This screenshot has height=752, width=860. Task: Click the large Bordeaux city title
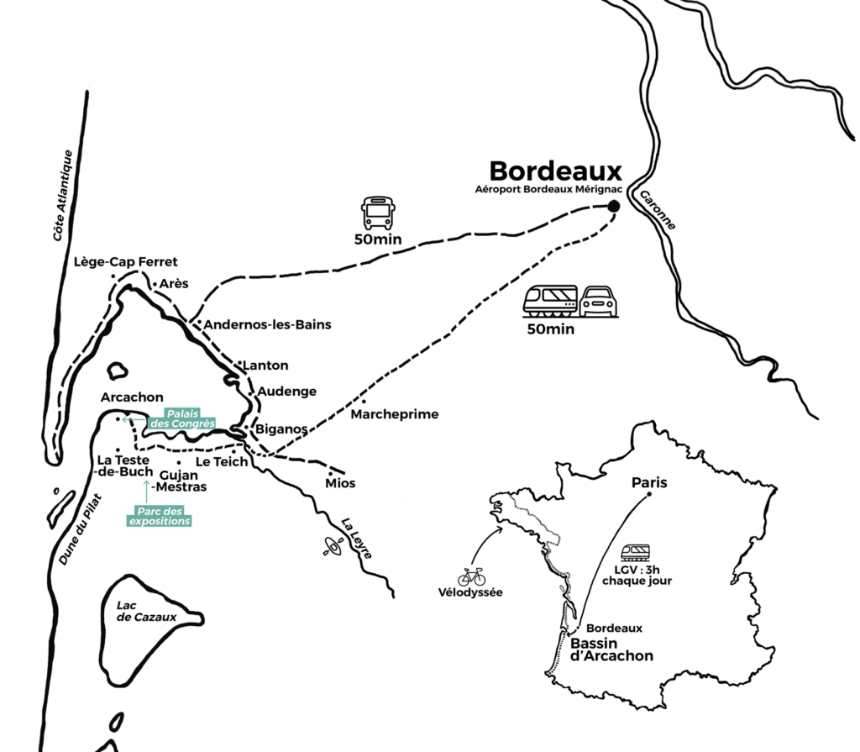(555, 171)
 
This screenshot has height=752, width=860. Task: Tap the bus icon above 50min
(377, 213)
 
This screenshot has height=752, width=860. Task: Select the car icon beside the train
(598, 302)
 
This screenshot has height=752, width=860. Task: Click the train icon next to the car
(551, 301)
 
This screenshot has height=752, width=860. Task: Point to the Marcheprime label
(395, 414)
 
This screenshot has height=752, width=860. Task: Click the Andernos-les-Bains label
(268, 324)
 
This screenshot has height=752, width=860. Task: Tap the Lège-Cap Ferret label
(126, 261)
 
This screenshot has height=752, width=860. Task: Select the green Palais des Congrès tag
(182, 418)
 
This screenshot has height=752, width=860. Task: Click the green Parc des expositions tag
(160, 516)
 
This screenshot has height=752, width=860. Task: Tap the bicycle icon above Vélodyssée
(471, 576)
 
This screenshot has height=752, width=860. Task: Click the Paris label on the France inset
(649, 483)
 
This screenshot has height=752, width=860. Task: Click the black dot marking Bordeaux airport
(614, 206)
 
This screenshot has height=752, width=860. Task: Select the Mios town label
(341, 483)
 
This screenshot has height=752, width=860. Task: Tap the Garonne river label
(658, 210)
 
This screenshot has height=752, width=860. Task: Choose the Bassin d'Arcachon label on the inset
(611, 649)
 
